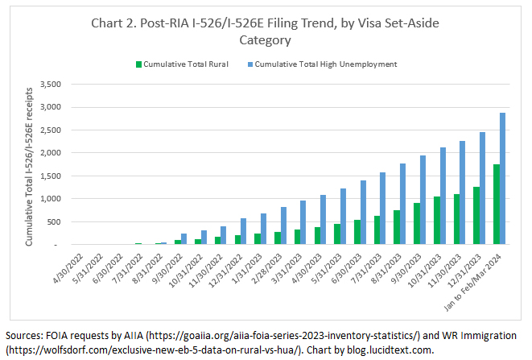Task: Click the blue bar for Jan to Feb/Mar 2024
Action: pos(502,178)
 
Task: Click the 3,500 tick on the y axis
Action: pos(49,84)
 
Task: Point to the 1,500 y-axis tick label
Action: pos(49,176)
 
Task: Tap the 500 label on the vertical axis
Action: pos(54,221)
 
